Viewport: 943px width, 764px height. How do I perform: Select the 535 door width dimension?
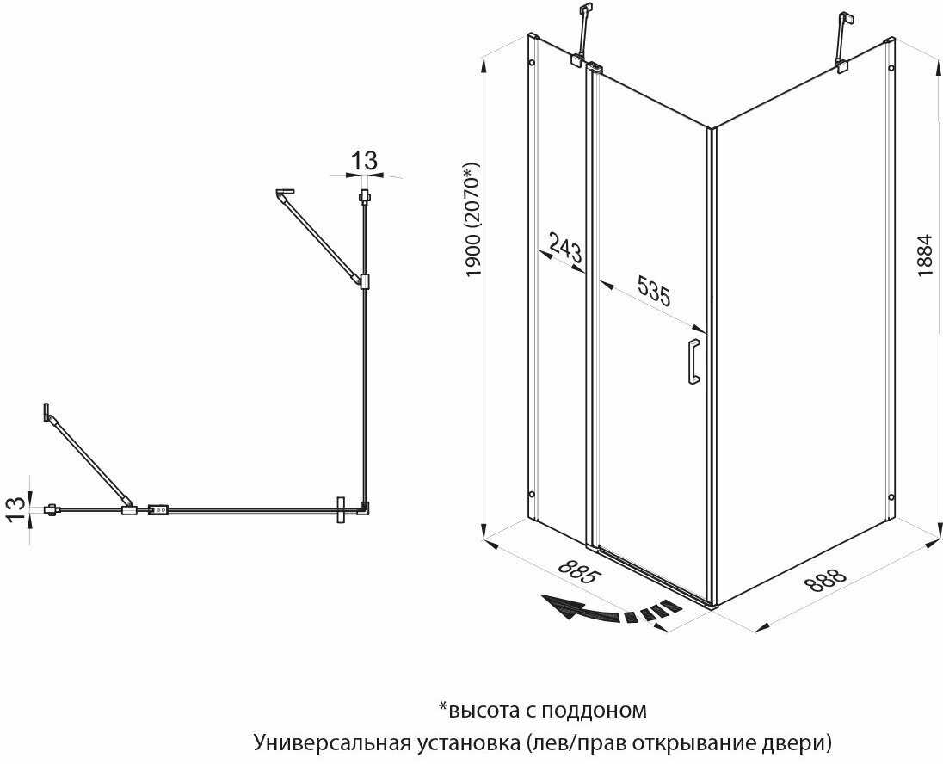coord(653,291)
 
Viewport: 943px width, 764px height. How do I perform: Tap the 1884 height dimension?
coord(924,256)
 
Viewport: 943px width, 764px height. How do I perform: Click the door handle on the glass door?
coord(693,361)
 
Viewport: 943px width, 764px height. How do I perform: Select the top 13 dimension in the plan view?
coord(365,160)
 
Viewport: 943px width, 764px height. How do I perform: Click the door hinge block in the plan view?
coord(158,510)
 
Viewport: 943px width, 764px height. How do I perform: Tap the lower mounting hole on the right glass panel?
coord(890,496)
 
